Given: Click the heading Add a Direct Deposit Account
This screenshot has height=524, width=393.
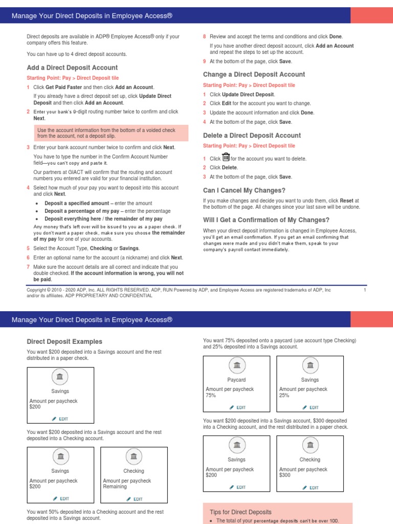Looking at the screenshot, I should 72,68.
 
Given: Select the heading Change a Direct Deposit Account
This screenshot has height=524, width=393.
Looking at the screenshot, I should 254,74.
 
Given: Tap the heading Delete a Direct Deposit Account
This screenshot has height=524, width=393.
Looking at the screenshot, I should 252,136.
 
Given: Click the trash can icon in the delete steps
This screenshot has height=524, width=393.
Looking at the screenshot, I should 226,158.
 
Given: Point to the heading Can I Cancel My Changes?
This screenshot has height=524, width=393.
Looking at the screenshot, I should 244,190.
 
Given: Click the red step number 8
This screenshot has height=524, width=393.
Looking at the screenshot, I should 205,36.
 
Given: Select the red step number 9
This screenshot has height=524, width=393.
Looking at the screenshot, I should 205,61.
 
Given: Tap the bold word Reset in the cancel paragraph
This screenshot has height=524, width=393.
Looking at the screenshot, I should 347,201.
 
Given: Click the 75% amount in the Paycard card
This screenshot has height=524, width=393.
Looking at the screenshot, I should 211,396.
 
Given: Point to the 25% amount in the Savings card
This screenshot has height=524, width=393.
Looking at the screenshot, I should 285,396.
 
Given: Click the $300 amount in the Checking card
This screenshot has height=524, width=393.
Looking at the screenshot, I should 286,475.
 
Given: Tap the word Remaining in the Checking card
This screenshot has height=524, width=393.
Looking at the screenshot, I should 115,487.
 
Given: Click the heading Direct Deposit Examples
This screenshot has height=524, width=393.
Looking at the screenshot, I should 64,341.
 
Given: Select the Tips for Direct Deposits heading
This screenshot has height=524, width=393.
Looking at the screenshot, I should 241,512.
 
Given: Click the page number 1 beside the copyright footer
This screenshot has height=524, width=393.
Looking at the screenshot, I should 365,290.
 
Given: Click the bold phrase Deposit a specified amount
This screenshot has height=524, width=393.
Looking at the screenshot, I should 77,203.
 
